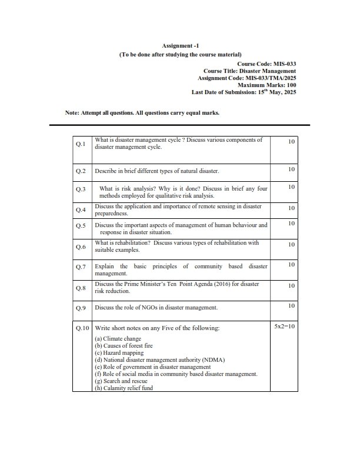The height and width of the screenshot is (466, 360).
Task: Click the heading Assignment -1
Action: click(179, 45)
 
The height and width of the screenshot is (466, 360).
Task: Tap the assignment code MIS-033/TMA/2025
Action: click(270, 78)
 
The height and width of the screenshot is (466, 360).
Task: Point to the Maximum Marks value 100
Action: click(289, 85)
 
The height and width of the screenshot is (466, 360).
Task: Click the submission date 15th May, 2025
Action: click(272, 92)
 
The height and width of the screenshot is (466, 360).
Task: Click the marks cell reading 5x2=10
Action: click(285, 325)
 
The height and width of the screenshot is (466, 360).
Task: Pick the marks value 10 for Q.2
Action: click(291, 169)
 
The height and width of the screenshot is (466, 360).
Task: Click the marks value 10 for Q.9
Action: click(291, 305)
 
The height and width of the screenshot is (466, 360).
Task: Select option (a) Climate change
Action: click(118, 339)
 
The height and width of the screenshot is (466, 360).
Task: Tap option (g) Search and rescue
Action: click(121, 381)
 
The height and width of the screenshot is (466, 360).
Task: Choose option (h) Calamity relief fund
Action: click(124, 388)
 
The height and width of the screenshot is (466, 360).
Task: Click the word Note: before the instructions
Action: click(73, 113)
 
